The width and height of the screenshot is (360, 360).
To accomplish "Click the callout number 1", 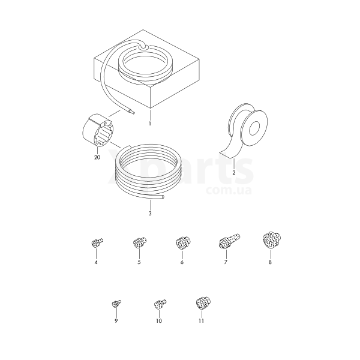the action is [150, 124].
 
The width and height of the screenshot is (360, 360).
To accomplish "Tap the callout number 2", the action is [234, 173].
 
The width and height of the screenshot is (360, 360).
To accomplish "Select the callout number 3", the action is [150, 214].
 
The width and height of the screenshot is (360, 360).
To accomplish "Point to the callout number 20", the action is [97, 157].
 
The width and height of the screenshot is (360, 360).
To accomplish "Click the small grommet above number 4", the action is [97, 243].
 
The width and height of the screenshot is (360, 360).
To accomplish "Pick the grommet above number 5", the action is [140, 242].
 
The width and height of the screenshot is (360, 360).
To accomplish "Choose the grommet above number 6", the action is [183, 243].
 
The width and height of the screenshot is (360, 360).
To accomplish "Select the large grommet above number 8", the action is [272, 241].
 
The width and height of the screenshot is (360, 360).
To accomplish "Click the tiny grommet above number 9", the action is [116, 304].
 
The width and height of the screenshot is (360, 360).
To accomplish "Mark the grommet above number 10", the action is [160, 304].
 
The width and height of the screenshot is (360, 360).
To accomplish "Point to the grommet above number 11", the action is [203, 303].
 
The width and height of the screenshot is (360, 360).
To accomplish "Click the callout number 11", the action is [202, 321].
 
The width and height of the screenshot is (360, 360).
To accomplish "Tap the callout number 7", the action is [226, 262].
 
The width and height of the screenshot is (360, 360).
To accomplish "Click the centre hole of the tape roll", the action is [254, 128].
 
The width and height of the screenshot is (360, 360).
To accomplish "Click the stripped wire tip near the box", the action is [132, 112].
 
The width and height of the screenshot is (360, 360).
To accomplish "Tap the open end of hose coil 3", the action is [163, 197].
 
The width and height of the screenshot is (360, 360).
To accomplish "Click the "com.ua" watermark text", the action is [229, 191].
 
